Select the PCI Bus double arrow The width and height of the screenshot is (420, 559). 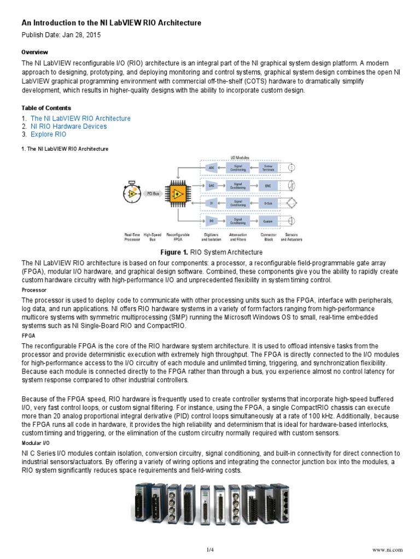point(154,193)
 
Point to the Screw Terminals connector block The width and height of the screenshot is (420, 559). point(268,167)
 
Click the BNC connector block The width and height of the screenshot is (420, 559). point(268,186)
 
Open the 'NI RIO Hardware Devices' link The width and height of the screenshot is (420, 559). point(68,127)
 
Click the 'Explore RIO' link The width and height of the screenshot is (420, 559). point(48,134)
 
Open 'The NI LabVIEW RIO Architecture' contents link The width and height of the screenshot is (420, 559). point(80,118)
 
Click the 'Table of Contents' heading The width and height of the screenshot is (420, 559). point(46,108)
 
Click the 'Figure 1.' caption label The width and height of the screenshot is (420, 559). point(173,252)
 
